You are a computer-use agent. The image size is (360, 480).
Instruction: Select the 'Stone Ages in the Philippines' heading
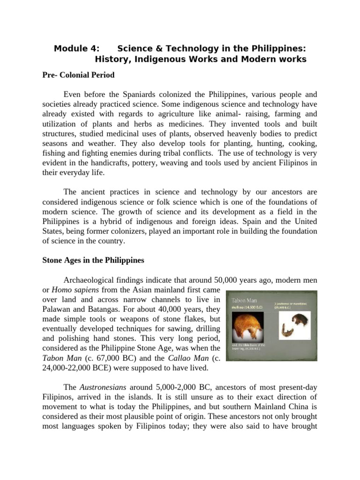click(x=94, y=260)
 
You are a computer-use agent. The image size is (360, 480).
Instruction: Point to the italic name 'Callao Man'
click(x=166, y=359)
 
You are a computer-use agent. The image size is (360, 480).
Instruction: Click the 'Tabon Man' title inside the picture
click(x=245, y=299)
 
